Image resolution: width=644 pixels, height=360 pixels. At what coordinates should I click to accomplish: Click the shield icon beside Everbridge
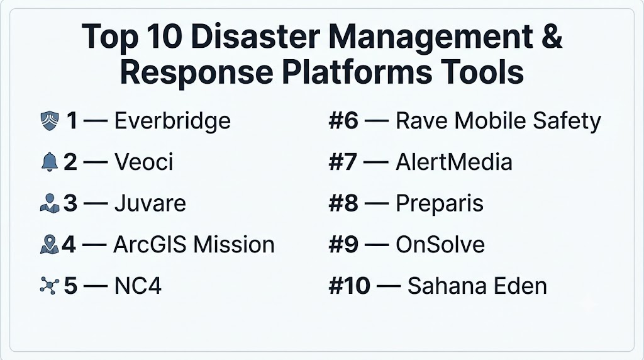coord(50,121)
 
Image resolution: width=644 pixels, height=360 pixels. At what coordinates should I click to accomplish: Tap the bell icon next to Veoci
coord(49,162)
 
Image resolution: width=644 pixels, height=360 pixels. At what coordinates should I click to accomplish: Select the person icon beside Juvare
coord(50,203)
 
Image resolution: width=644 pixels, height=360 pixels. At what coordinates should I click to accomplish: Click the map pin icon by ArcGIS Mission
coord(49,244)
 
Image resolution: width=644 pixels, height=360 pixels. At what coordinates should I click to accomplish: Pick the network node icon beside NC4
coord(49,286)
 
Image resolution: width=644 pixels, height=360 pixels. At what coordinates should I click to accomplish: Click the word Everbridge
coord(172,121)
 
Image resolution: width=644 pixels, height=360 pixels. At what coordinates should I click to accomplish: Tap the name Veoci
coord(144,162)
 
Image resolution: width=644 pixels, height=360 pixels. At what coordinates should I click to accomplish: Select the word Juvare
coord(150,203)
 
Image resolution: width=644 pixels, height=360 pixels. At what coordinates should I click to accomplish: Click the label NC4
coord(138,286)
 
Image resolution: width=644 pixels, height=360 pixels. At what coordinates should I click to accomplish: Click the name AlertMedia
coord(454,162)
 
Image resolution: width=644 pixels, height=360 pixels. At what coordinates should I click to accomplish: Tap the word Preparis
coord(440,204)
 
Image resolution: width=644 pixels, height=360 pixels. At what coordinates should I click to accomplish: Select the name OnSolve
coord(440,245)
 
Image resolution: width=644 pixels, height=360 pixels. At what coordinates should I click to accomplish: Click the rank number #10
coord(350,286)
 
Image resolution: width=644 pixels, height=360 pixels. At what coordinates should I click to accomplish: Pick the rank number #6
coord(343,121)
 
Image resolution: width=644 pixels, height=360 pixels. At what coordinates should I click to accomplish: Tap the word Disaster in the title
coord(255,36)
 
